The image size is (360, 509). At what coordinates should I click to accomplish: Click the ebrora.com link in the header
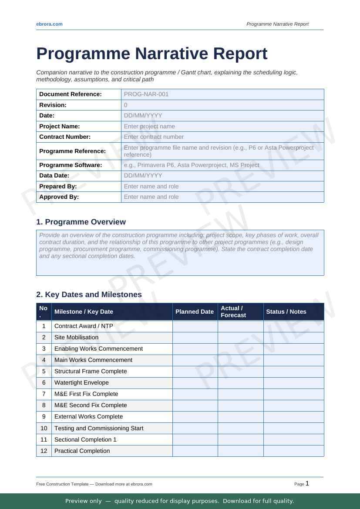49,24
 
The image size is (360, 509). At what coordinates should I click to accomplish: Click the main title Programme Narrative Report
151,54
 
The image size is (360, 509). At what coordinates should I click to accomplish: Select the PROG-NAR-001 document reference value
146,94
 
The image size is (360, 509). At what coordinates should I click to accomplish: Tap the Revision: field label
53,105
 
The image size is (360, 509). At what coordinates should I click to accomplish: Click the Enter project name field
149,126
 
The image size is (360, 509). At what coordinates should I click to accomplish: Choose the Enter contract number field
154,137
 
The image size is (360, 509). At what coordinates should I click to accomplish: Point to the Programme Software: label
71,165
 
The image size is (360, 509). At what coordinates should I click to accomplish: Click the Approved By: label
59,197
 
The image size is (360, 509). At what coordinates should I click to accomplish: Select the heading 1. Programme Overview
81,222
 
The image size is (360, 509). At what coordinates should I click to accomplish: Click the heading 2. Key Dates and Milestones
89,295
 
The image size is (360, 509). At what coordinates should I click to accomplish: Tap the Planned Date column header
194,311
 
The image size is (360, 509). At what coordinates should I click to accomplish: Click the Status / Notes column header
286,311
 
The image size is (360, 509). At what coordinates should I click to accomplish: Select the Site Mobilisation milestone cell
76,337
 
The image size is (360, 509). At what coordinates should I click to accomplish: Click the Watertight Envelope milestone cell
81,382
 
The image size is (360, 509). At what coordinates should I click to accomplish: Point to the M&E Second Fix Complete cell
91,405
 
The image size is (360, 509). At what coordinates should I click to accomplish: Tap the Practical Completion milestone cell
82,451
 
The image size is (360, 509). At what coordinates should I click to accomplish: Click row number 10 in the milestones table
44,428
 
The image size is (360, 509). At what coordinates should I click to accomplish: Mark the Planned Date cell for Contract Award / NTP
195,326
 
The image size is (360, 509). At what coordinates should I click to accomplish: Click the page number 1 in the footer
307,483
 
